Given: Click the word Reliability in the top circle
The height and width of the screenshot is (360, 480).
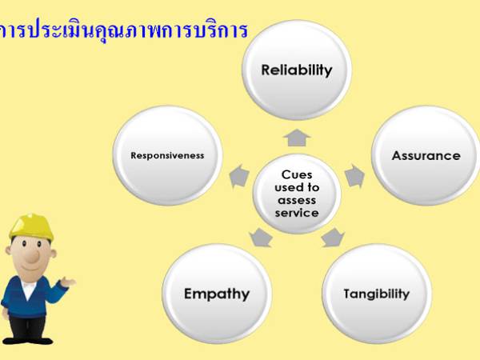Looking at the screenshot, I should [297, 70].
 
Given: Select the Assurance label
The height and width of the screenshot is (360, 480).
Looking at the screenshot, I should [426, 155].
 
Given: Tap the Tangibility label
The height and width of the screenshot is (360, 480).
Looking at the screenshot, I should [376, 294].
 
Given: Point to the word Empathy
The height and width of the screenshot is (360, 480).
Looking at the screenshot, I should [216, 294].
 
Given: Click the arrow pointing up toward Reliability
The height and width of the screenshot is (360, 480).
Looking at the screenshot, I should [297, 138].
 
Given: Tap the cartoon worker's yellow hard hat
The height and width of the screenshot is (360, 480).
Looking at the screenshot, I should [31, 226].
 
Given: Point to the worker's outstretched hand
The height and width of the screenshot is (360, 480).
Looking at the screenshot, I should [69, 282].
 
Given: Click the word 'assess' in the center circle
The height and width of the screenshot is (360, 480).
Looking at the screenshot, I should [297, 200].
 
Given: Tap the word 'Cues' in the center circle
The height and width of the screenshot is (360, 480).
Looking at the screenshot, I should [297, 174].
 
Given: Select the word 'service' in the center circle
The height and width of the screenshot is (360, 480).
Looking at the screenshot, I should [297, 213].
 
